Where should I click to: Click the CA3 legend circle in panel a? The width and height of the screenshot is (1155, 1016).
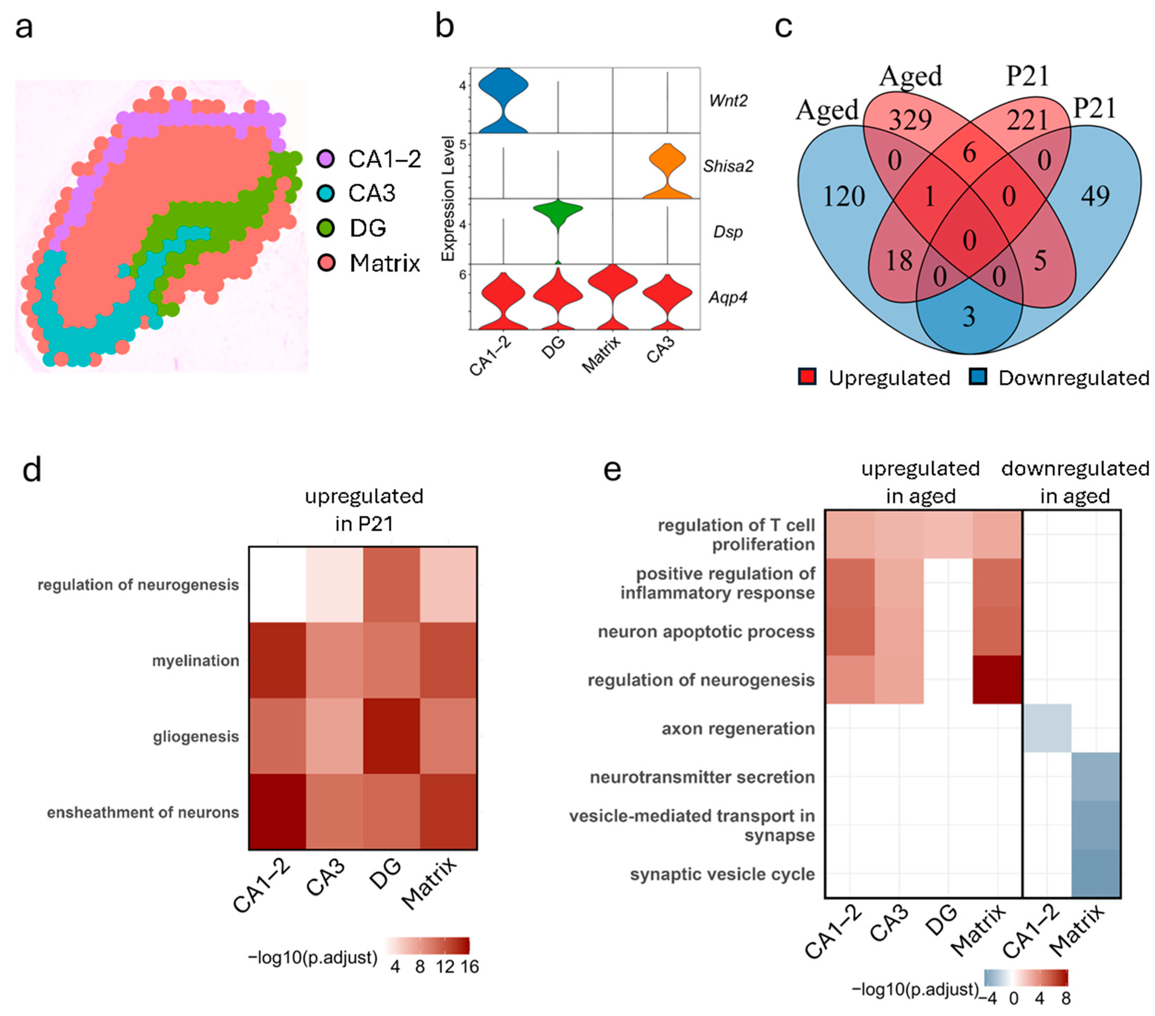pyautogui.click(x=326, y=193)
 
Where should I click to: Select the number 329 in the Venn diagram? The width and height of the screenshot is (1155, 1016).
pyautogui.click(x=910, y=120)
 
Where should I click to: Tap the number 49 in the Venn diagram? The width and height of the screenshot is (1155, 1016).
pyautogui.click(x=1095, y=196)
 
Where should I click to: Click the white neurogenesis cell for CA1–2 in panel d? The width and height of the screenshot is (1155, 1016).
pyautogui.click(x=278, y=584)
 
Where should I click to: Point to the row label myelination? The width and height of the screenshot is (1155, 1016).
pyautogui.click(x=195, y=660)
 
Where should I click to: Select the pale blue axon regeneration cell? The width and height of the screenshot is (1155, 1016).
pyautogui.click(x=1047, y=728)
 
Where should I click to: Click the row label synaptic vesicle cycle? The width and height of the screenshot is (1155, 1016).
pyautogui.click(x=722, y=874)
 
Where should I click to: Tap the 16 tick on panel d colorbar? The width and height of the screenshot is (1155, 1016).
pyautogui.click(x=469, y=967)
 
